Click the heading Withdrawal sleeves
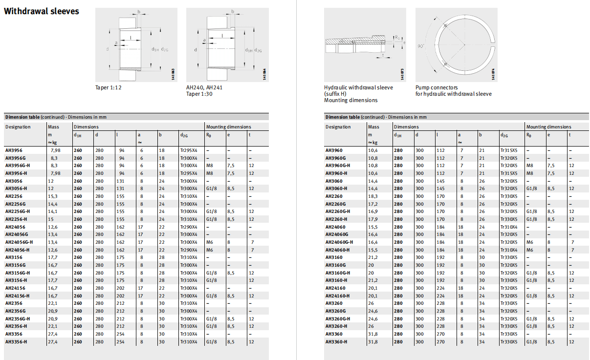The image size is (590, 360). coord(42,11)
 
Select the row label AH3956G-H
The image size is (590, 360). coord(17,166)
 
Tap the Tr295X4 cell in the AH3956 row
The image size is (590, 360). coord(188,150)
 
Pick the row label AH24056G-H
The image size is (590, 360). coord(19,242)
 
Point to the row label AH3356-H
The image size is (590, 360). coord(16,341)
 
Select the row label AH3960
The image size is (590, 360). coord(334,150)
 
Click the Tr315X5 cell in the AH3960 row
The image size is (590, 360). coord(509,150)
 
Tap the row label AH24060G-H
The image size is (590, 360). coord(339,242)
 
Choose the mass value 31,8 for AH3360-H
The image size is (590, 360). coord(373,341)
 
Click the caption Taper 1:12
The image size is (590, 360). coord(108,88)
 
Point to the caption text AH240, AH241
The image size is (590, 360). coord(204,88)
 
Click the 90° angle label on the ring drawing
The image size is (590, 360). coord(420,46)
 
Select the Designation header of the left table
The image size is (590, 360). coord(18,127)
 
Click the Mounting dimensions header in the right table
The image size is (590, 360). coord(548,127)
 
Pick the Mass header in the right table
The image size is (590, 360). coord(373,127)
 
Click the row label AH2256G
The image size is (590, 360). coord(15,204)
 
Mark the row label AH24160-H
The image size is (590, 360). coord(337,296)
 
